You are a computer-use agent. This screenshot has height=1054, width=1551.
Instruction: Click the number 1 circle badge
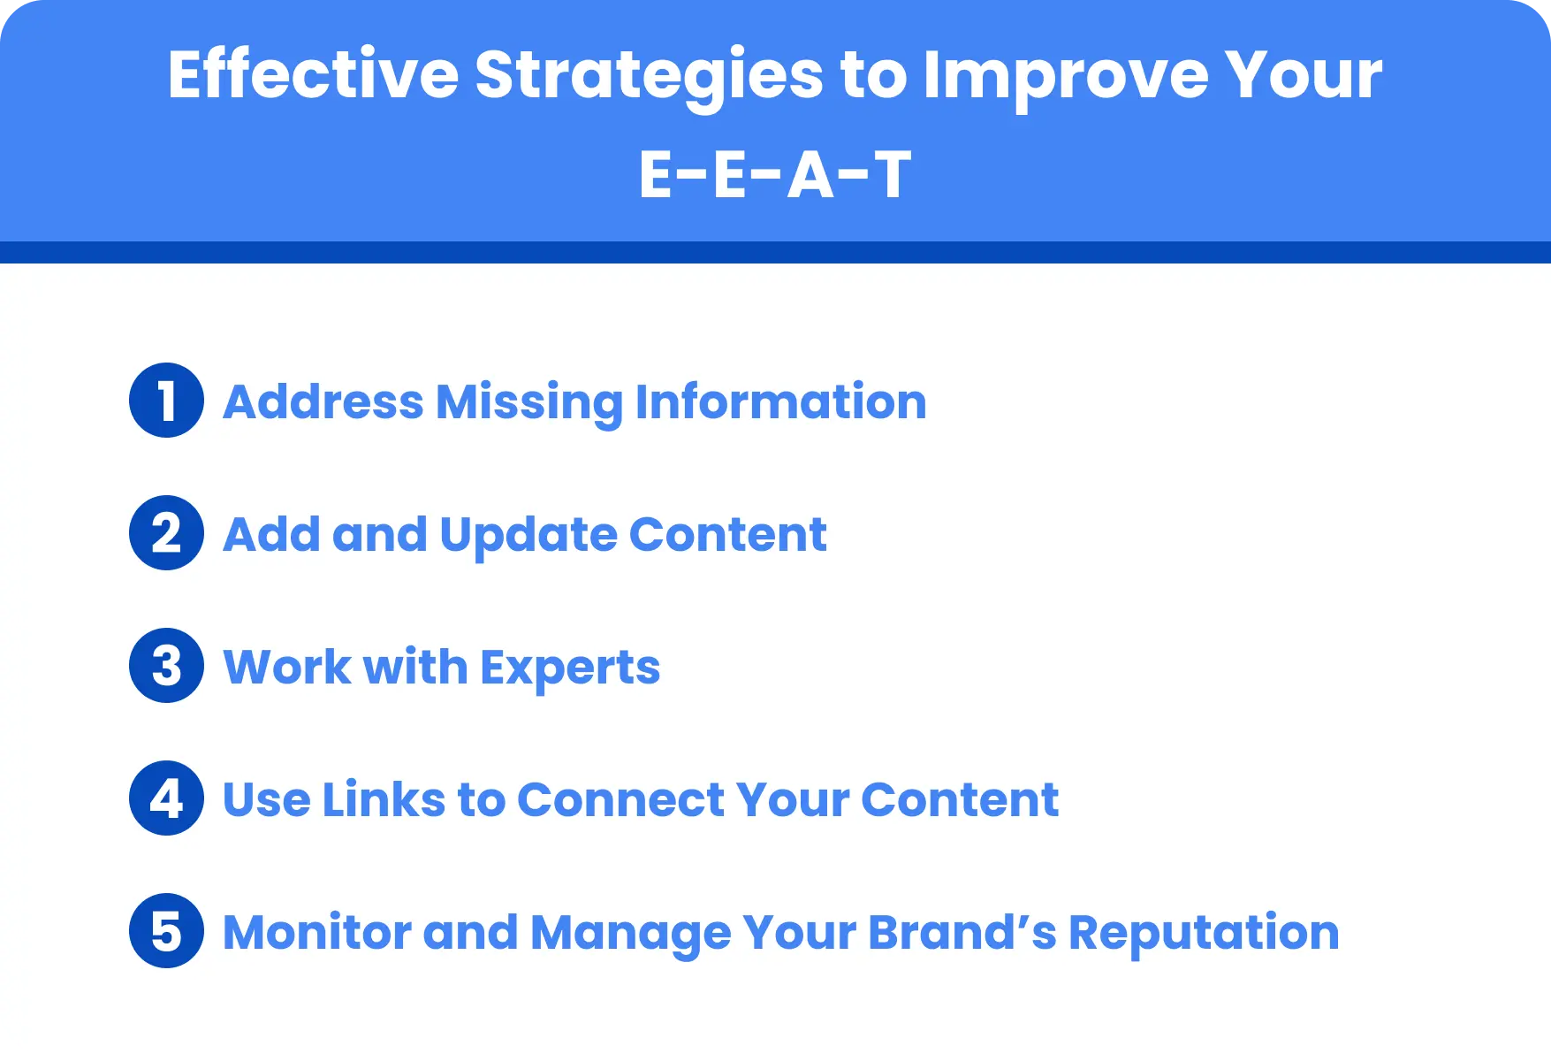click(x=166, y=401)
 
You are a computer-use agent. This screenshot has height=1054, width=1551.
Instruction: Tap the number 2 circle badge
click(x=166, y=533)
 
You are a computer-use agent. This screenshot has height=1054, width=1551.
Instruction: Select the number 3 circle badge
click(x=166, y=666)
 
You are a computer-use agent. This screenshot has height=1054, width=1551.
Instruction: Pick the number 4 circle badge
click(x=166, y=798)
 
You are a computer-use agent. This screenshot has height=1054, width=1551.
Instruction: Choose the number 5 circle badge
click(x=166, y=931)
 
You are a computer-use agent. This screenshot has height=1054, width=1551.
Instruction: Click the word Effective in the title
click(x=313, y=74)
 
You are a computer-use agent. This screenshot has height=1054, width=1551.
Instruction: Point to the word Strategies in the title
click(x=649, y=74)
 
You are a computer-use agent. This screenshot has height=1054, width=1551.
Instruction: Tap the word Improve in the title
click(x=1065, y=74)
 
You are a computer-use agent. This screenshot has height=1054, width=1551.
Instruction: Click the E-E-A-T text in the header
click(x=774, y=175)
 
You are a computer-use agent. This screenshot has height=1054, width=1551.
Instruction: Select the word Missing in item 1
click(x=529, y=402)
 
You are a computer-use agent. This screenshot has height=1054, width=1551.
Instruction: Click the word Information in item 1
click(x=780, y=402)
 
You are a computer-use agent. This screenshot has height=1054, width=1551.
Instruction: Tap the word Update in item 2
click(x=528, y=535)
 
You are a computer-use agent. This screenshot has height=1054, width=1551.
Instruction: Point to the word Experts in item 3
click(x=570, y=668)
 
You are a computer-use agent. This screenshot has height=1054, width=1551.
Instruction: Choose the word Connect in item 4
click(x=620, y=800)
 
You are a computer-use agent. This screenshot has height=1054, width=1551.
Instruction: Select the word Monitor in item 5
click(x=316, y=933)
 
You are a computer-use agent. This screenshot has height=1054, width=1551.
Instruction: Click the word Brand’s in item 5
click(x=962, y=933)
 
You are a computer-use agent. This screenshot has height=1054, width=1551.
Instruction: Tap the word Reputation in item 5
click(x=1204, y=933)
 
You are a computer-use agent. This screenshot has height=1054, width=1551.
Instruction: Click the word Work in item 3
click(x=286, y=668)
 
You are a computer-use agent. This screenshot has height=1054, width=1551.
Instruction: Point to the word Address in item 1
click(x=323, y=402)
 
